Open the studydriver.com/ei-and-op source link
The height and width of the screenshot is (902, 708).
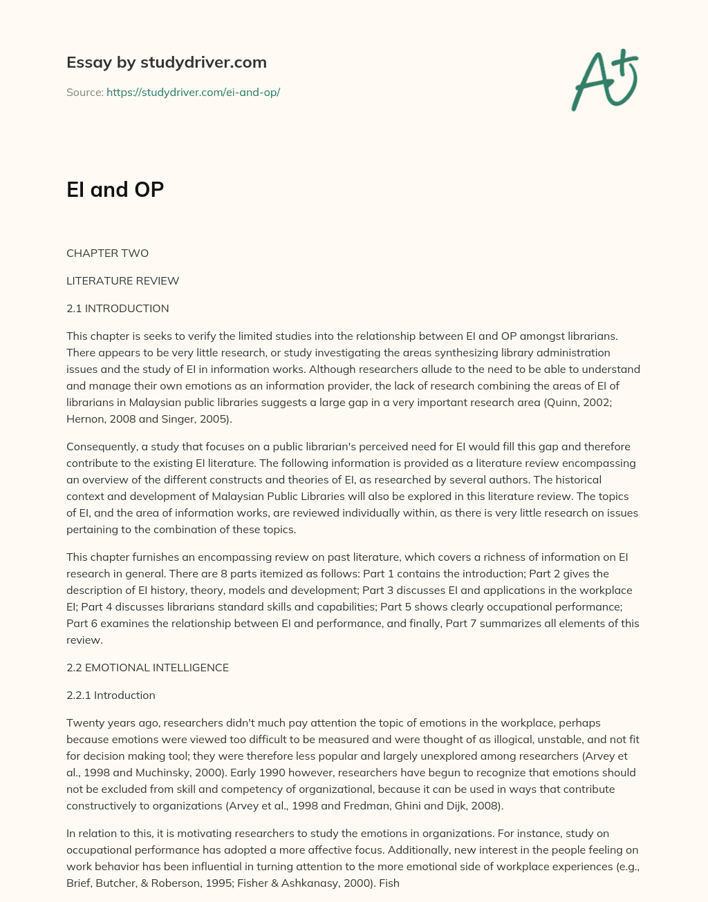(193, 92)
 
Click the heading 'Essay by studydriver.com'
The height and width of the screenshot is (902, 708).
(166, 62)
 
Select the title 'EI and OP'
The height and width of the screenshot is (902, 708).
(115, 189)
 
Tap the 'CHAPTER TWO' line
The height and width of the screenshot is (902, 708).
(107, 253)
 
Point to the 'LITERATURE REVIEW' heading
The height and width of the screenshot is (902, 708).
(122, 280)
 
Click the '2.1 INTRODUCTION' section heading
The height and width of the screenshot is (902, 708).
(118, 308)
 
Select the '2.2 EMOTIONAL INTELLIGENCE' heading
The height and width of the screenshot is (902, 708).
(147, 667)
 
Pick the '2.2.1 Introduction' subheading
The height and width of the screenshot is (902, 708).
(111, 695)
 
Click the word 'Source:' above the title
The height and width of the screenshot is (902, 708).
(84, 92)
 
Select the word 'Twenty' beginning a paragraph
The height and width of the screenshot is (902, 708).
(84, 722)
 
